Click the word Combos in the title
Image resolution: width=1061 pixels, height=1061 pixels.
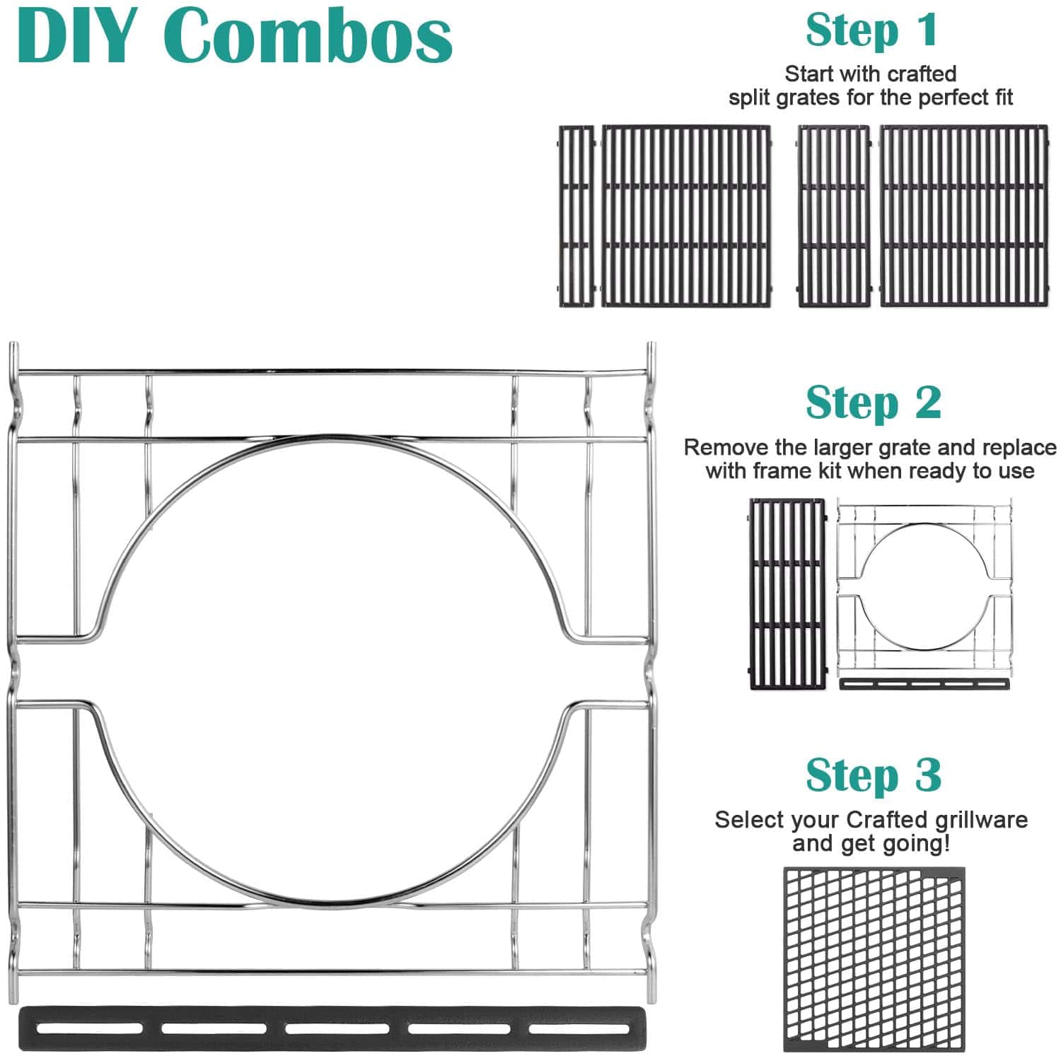click(x=311, y=35)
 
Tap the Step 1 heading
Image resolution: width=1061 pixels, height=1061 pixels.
click(x=871, y=30)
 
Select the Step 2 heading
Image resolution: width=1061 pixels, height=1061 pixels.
click(x=873, y=402)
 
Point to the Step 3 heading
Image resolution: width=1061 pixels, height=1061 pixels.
click(x=873, y=775)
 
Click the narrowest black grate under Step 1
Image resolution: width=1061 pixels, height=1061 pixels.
click(x=576, y=216)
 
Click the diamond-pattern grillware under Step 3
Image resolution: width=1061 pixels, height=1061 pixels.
click(x=874, y=959)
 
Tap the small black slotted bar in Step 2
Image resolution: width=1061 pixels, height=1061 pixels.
click(x=924, y=684)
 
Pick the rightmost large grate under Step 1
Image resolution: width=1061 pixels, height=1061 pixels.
click(x=963, y=216)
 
